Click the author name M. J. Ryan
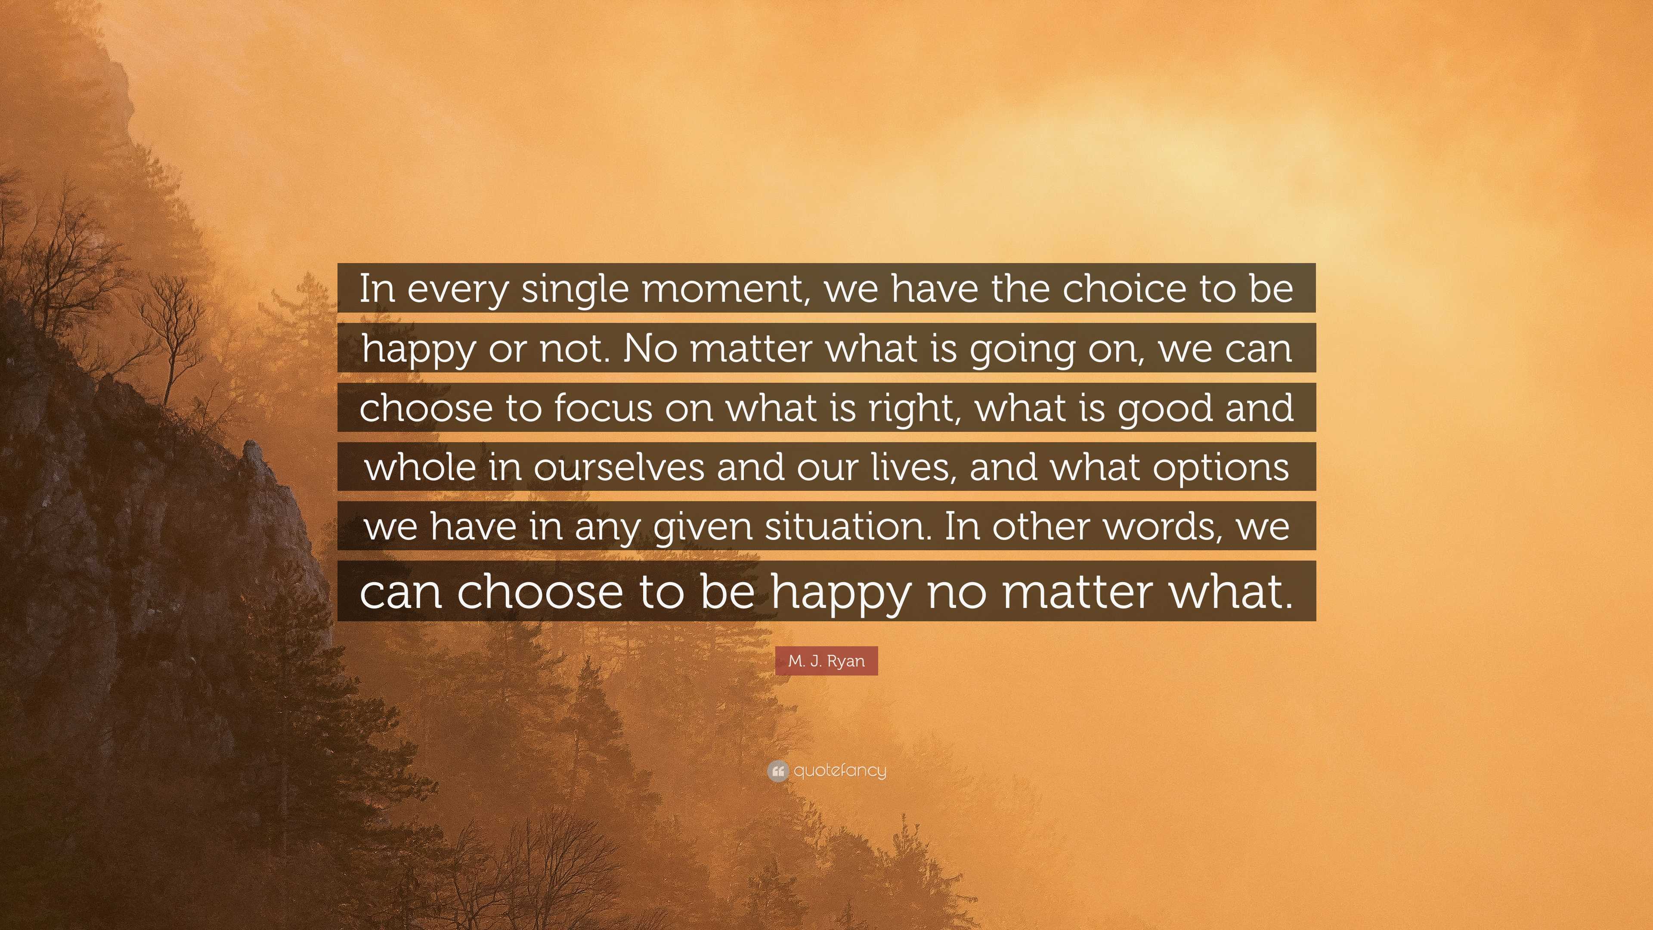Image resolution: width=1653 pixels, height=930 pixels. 826,660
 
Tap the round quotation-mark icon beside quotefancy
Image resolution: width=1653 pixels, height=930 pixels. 778,771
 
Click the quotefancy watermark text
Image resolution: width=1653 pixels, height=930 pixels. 840,770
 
